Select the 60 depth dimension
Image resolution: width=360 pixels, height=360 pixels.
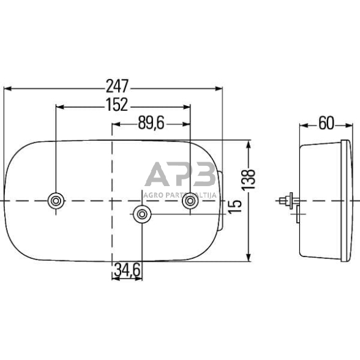point(326,124)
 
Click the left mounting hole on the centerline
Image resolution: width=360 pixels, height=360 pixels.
point(56,201)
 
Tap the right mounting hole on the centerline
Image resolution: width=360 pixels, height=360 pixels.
point(191,201)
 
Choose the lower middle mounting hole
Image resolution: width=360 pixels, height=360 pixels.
point(142,214)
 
